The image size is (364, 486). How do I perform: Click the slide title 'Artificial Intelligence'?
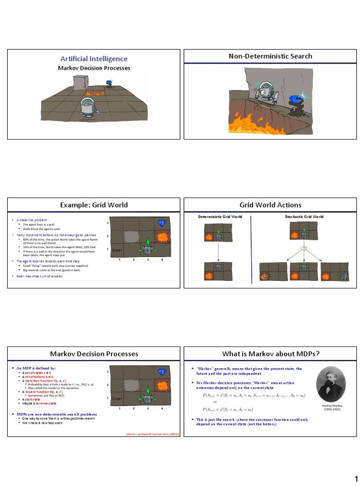click(94, 58)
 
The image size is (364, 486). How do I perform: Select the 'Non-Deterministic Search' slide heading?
click(271, 56)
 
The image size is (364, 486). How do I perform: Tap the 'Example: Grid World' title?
click(94, 205)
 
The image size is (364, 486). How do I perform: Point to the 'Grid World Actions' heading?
click(271, 205)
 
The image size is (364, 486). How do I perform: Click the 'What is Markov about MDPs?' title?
click(271, 354)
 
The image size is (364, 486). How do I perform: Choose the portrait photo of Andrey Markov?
click(330, 384)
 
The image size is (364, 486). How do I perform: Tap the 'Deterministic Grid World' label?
click(220, 216)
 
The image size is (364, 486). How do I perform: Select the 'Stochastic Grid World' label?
click(304, 216)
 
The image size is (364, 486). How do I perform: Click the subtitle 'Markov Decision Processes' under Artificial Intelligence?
click(94, 68)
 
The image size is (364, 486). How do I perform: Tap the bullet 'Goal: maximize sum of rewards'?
click(40, 276)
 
